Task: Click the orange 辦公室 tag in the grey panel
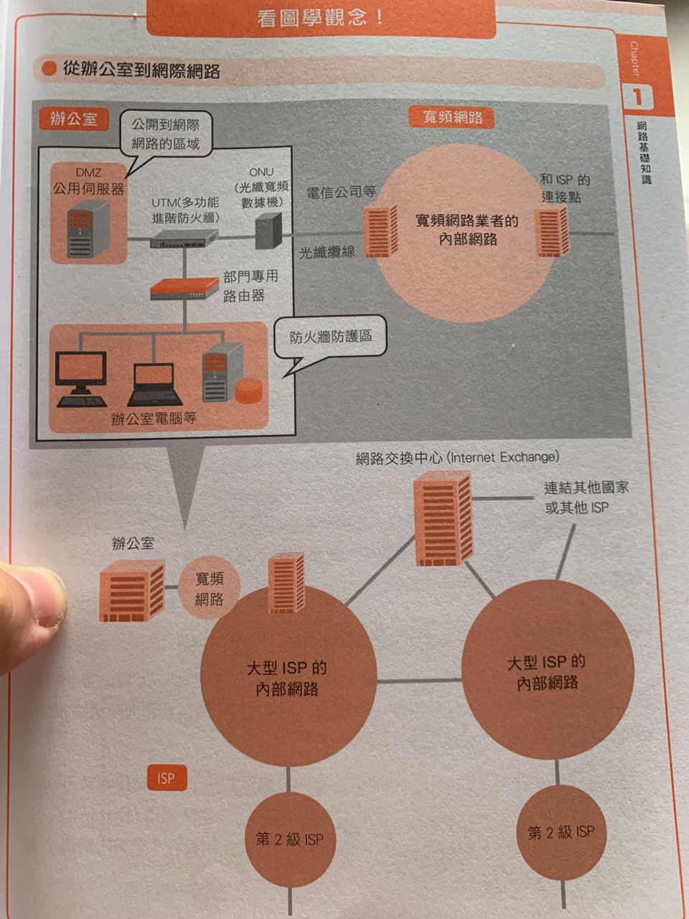point(74,119)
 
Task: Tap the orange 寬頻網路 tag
point(451,117)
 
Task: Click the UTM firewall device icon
point(184,238)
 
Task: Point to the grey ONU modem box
point(268,231)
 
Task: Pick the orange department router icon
point(184,289)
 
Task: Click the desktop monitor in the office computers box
point(82,379)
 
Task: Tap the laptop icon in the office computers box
point(154,384)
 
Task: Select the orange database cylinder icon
point(248,391)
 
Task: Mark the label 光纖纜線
point(327,251)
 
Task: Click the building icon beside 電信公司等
point(380,231)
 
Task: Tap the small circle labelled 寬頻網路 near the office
point(209,589)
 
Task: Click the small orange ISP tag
point(167,778)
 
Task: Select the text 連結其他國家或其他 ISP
point(586,498)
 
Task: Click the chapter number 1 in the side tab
point(637,97)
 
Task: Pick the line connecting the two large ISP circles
point(419,681)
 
